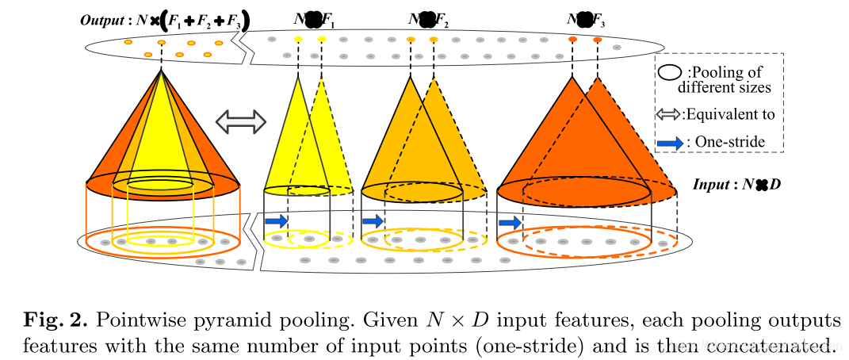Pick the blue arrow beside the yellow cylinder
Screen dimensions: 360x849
tap(275, 220)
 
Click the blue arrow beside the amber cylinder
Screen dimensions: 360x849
tap(373, 220)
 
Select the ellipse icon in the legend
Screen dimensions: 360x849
tap(669, 72)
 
